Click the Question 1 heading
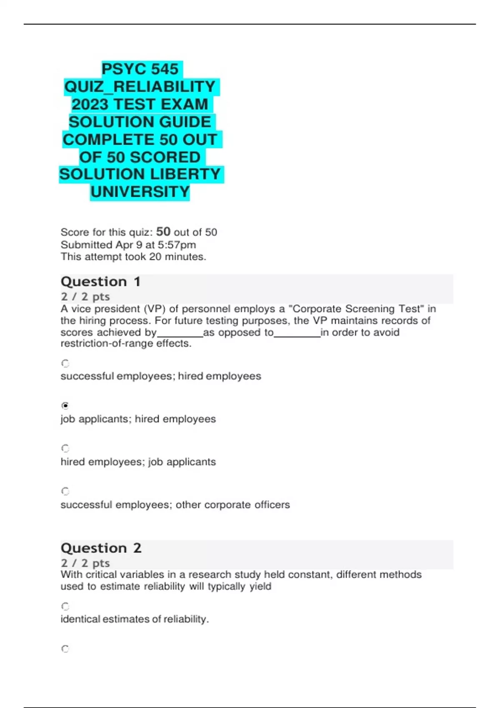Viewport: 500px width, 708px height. pyautogui.click(x=100, y=282)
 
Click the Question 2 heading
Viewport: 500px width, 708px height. pyautogui.click(x=101, y=548)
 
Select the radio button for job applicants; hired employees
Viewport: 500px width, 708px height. pyautogui.click(x=65, y=406)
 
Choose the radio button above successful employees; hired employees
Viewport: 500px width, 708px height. pyautogui.click(x=65, y=363)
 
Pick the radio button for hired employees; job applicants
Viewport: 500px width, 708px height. pyautogui.click(x=65, y=449)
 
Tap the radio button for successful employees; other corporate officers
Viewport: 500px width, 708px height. pyautogui.click(x=65, y=491)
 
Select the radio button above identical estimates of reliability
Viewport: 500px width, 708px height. pyautogui.click(x=65, y=606)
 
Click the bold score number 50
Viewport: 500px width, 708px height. pyautogui.click(x=163, y=232)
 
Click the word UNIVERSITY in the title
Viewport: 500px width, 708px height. pyautogui.click(x=140, y=192)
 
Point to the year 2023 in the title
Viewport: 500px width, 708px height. pyautogui.click(x=90, y=105)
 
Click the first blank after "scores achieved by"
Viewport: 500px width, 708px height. pyautogui.click(x=180, y=333)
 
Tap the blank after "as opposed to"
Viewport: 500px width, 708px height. pyautogui.click(x=297, y=333)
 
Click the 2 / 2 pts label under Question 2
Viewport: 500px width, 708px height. pyautogui.click(x=85, y=563)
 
